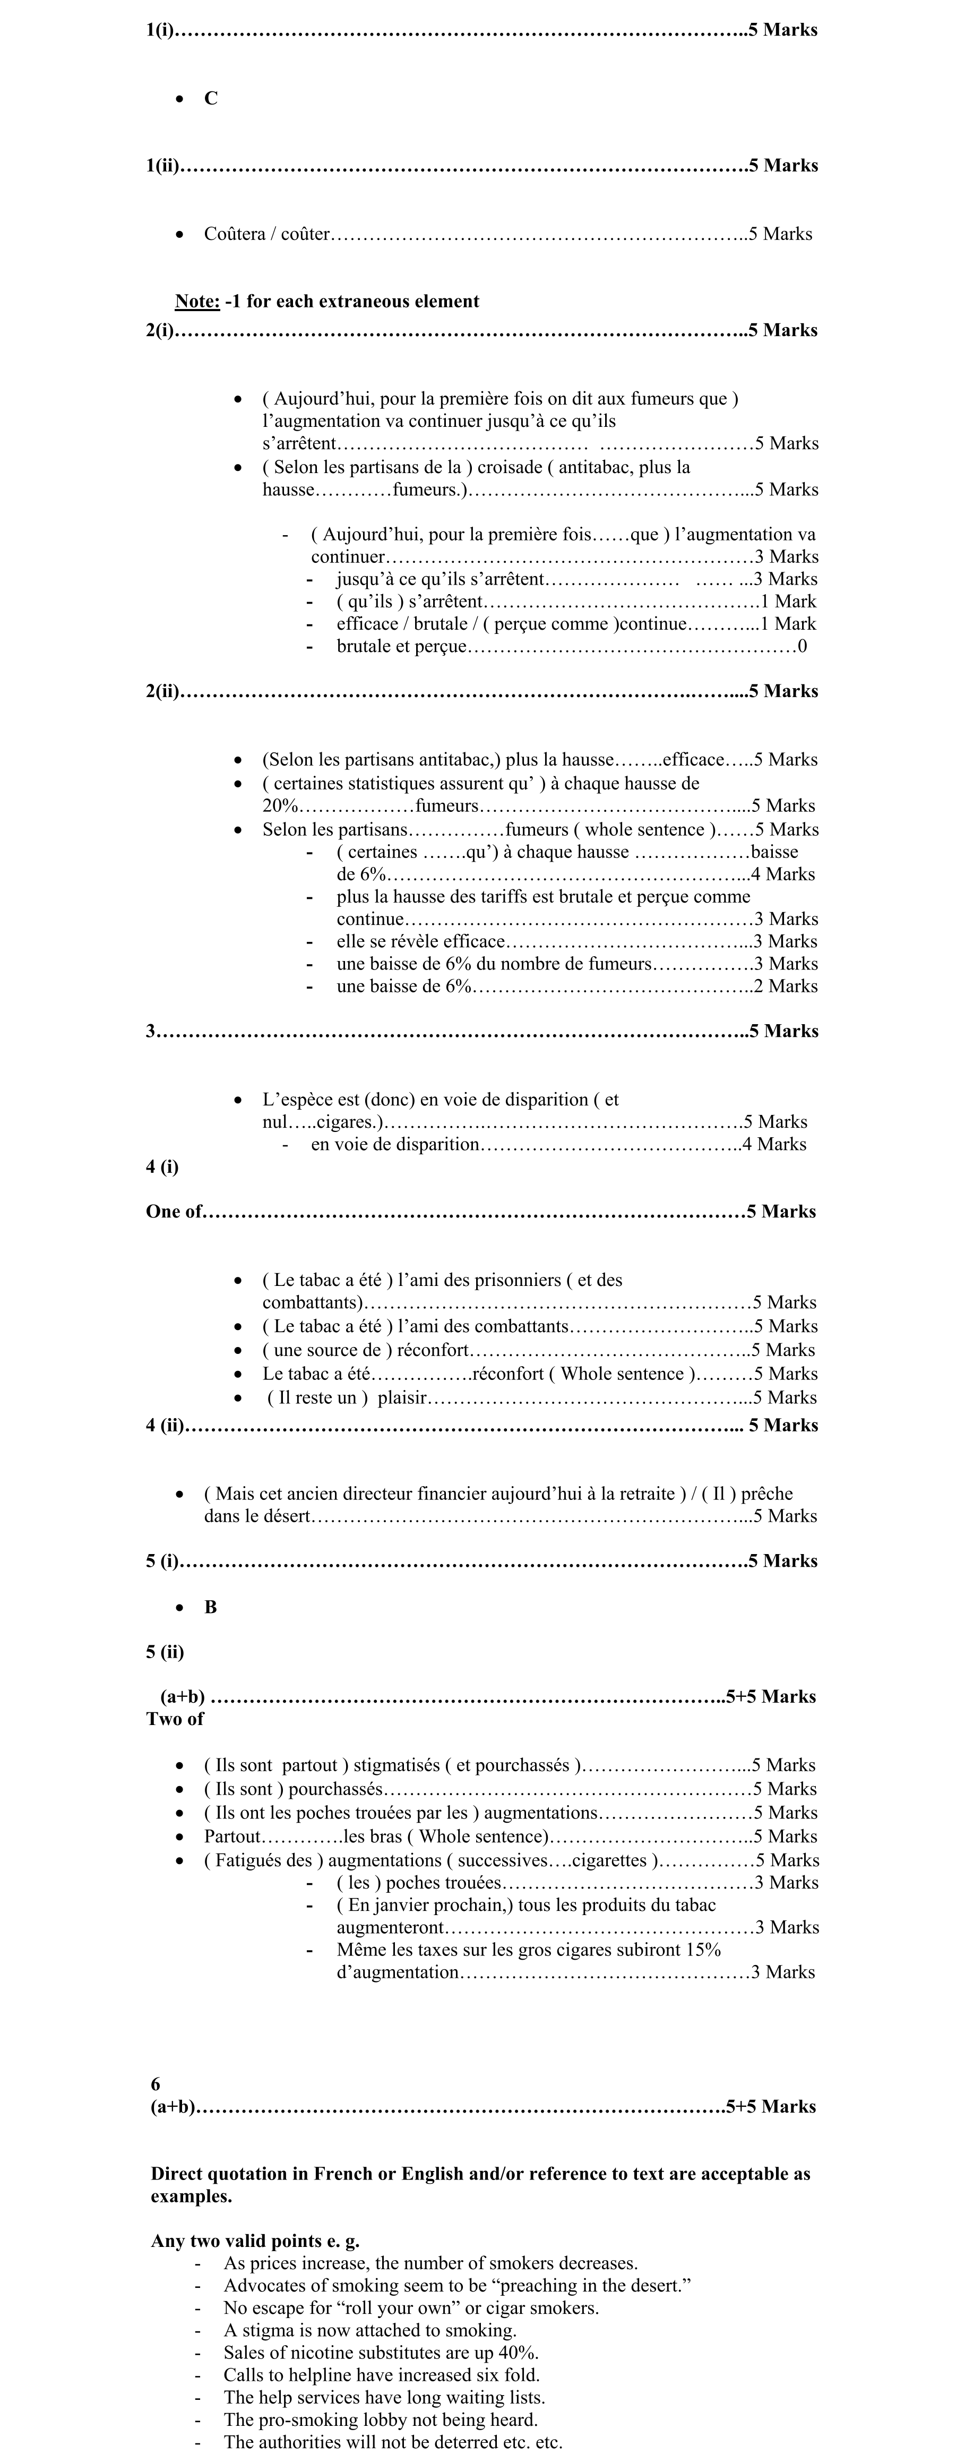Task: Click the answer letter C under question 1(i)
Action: pos(211,98)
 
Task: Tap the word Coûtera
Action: pos(234,234)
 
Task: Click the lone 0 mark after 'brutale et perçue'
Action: pos(802,647)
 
